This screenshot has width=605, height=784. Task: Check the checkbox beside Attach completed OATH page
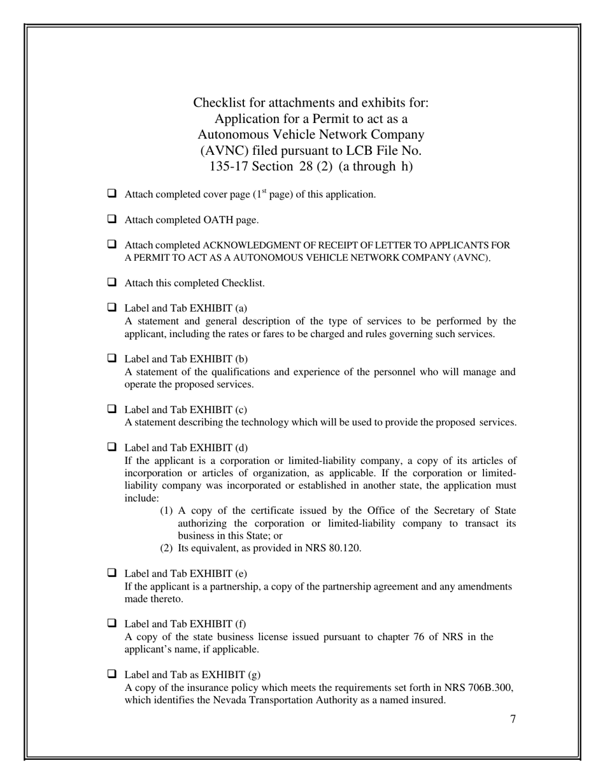pos(112,219)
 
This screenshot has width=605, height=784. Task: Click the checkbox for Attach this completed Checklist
pos(112,282)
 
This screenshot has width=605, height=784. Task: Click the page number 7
pos(513,720)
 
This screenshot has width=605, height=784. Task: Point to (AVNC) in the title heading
pos(223,151)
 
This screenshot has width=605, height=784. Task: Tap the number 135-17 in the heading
pos(229,167)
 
